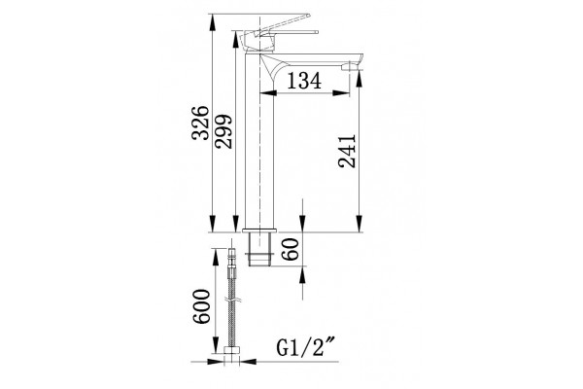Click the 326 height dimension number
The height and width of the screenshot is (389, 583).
[200, 123]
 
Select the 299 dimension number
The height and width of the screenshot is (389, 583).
[223, 131]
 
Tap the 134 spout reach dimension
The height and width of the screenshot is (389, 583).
[304, 81]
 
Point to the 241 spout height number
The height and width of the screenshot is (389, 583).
[347, 151]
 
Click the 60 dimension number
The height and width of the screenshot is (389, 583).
[290, 249]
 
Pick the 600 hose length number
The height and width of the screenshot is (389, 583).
[201, 306]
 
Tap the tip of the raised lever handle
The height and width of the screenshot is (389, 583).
[308, 16]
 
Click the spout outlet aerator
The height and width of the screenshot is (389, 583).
[350, 67]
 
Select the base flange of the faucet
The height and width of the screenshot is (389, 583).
[259, 230]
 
